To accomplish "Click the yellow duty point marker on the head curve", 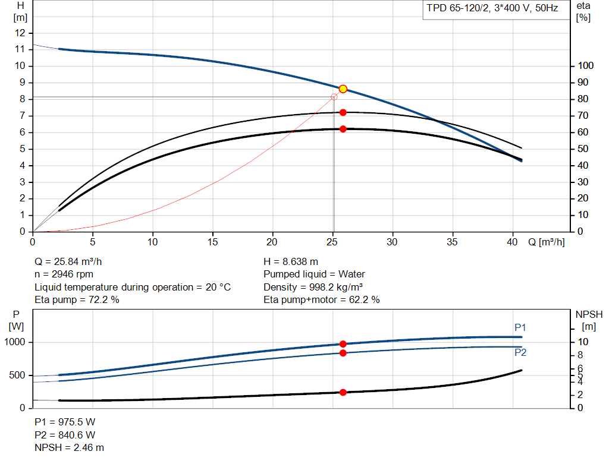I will pyautogui.click(x=343, y=89).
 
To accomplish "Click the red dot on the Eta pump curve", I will pyautogui.click(x=343, y=112).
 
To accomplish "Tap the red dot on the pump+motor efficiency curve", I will pyautogui.click(x=343, y=129).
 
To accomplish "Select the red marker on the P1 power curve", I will pyautogui.click(x=343, y=344).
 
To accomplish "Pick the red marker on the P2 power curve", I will pyautogui.click(x=343, y=353).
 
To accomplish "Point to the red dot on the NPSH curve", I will pyautogui.click(x=343, y=392).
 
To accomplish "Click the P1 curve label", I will pyautogui.click(x=520, y=327).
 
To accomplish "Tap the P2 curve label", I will pyautogui.click(x=520, y=352).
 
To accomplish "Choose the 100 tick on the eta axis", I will pyautogui.click(x=586, y=66).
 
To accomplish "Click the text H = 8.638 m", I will pyautogui.click(x=290, y=261).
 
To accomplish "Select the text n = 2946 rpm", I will pyautogui.click(x=64, y=274).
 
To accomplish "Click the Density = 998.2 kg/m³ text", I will pyautogui.click(x=313, y=287).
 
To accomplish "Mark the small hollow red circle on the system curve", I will pyautogui.click(x=334, y=97).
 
